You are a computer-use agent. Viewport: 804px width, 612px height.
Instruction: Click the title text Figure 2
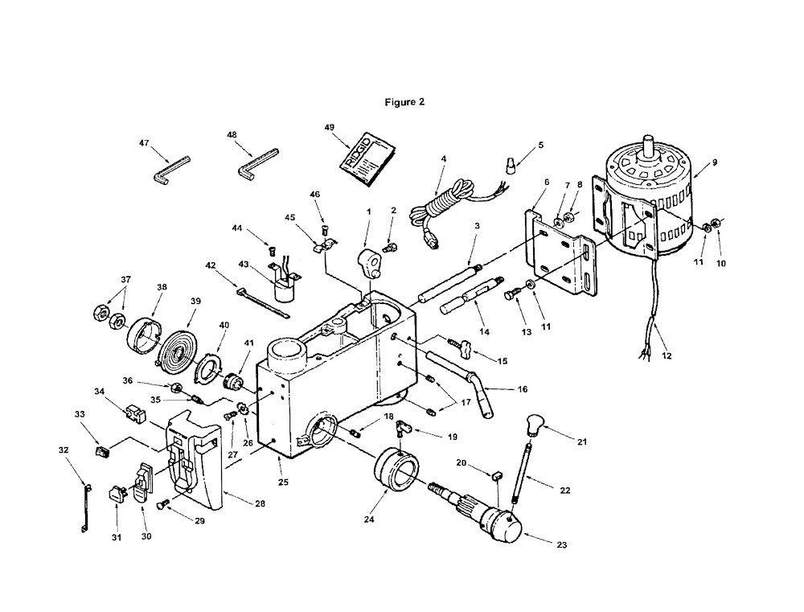(x=404, y=102)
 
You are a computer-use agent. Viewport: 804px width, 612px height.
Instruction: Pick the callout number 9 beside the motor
(x=715, y=162)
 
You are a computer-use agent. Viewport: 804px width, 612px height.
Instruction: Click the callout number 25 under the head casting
(x=284, y=483)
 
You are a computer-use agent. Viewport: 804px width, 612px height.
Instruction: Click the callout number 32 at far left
(x=63, y=450)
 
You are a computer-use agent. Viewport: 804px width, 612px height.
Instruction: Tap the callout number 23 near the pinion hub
(x=562, y=544)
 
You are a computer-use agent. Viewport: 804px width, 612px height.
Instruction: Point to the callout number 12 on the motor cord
(x=667, y=355)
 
